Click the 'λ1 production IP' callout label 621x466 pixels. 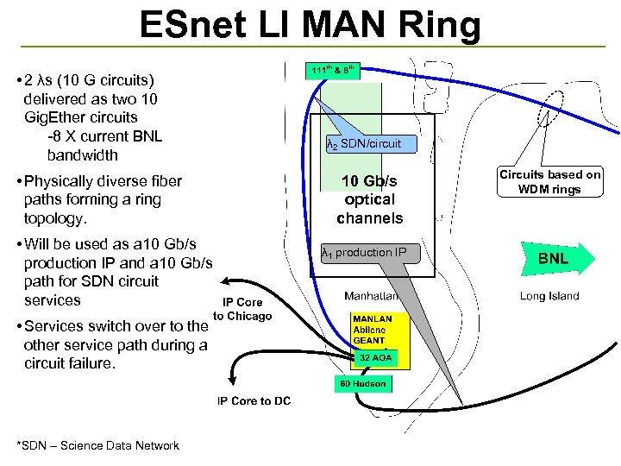click(364, 253)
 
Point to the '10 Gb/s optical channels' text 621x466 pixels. click(371, 199)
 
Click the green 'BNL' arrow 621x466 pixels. click(555, 259)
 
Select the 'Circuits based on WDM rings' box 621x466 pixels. click(550, 181)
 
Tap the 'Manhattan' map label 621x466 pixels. click(371, 296)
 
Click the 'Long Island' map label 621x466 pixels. click(549, 296)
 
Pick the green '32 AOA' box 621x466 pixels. click(376, 357)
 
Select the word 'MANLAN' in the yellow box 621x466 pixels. click(372, 318)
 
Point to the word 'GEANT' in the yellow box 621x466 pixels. click(369, 341)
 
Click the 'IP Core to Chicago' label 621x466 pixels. click(242, 309)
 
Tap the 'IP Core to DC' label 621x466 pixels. click(254, 401)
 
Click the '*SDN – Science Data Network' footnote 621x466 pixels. click(97, 445)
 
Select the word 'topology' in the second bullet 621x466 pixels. click(54, 218)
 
